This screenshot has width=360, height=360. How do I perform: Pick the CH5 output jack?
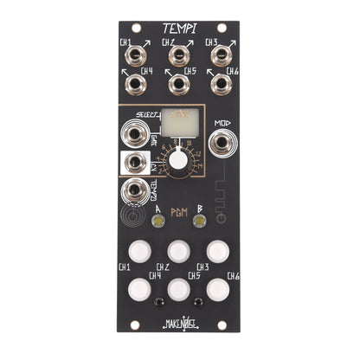(179, 84)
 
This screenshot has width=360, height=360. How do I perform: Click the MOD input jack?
(222, 143)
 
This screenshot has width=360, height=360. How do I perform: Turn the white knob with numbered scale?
(179, 160)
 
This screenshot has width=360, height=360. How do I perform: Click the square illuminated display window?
(179, 127)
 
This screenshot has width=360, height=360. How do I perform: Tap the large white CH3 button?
(220, 251)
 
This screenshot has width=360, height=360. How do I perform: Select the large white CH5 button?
(179, 287)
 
